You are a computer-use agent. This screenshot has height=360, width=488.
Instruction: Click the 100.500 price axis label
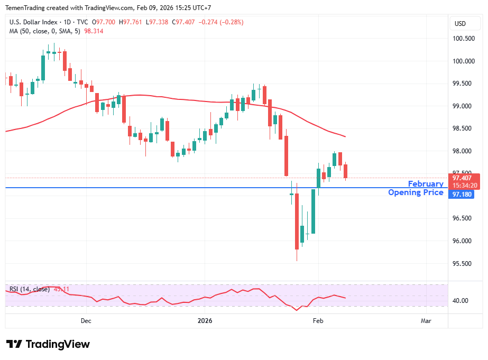point(464,39)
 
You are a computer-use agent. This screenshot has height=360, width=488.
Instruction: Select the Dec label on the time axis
point(86,321)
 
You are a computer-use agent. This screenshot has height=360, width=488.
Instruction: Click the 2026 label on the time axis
point(205,321)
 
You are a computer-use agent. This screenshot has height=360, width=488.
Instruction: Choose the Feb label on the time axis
point(318,321)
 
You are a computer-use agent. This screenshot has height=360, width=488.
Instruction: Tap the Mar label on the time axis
point(426,321)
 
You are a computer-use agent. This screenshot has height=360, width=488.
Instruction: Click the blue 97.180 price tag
point(461,195)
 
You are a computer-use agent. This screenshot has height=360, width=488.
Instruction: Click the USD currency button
point(460,24)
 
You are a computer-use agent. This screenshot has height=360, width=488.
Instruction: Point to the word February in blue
point(426,184)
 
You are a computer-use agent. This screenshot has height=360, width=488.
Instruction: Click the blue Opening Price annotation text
point(416,192)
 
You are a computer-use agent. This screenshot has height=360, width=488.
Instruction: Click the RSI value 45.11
point(61,289)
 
